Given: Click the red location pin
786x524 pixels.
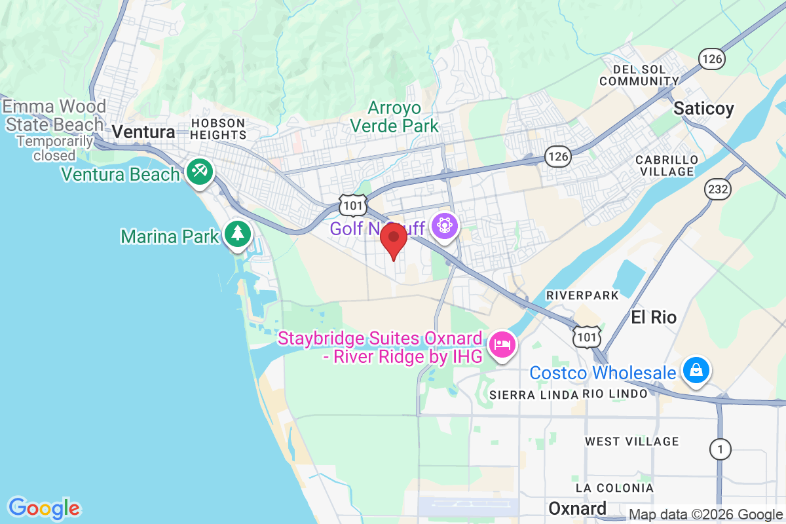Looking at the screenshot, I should [394, 240].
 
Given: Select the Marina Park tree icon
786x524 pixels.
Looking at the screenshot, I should [237, 234].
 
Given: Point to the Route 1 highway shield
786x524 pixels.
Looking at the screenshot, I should [720, 449].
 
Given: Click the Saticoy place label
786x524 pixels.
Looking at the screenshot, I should [704, 108].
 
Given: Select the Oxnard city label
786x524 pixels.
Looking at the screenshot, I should [577, 508].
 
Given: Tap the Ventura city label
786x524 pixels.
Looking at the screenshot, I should [143, 132].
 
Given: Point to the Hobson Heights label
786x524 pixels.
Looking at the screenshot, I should [218, 128].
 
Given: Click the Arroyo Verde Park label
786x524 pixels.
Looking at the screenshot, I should [394, 116].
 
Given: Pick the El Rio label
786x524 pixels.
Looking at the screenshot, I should [654, 318].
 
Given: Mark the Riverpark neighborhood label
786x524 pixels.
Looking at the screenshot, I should [582, 295].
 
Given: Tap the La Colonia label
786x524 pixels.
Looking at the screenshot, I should [614, 488].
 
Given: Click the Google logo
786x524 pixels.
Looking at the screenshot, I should [44, 508].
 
